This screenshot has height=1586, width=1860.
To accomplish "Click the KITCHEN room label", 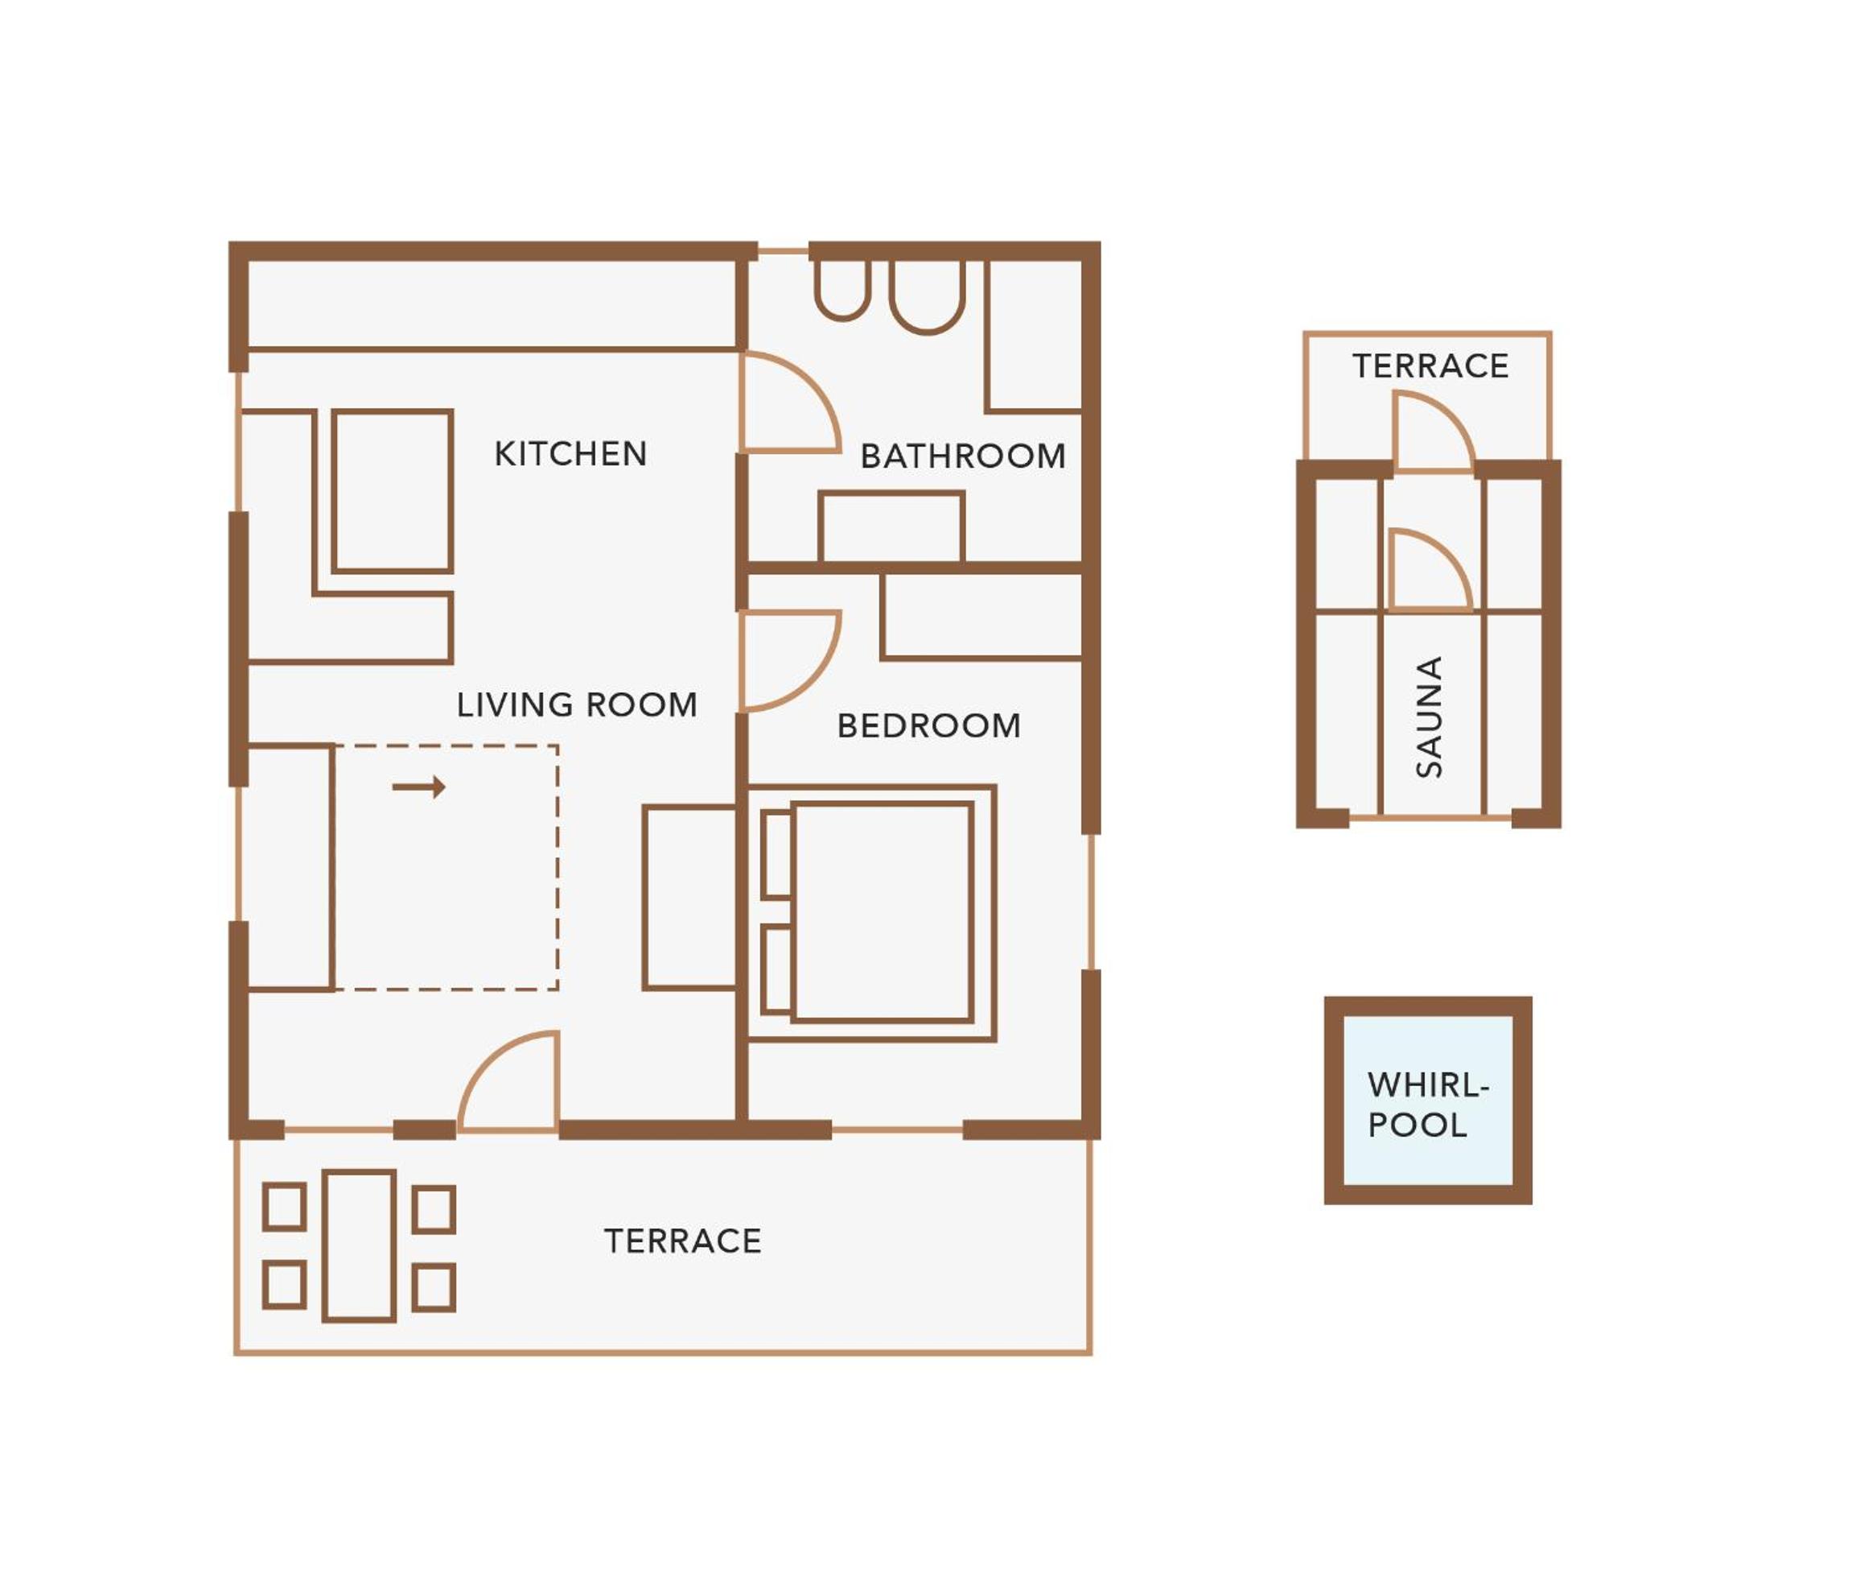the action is pyautogui.click(x=570, y=454).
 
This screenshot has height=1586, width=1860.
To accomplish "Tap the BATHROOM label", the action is pyautogui.click(x=963, y=456).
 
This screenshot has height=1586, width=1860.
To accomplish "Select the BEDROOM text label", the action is pyautogui.click(x=929, y=725).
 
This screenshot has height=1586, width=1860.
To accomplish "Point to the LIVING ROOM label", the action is pyautogui.click(x=577, y=705).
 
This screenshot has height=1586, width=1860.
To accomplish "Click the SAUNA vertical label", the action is pyautogui.click(x=1429, y=717).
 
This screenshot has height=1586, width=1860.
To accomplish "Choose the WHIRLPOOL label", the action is pyautogui.click(x=1427, y=1105).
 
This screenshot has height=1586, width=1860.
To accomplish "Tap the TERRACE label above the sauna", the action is pyautogui.click(x=1430, y=366).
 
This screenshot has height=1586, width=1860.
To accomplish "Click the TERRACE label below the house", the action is pyautogui.click(x=683, y=1242).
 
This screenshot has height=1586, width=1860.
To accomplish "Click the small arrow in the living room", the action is pyautogui.click(x=419, y=787).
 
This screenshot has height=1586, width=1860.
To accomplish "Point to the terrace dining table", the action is pyautogui.click(x=359, y=1245).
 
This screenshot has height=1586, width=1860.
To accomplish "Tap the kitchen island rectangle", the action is pyautogui.click(x=393, y=490).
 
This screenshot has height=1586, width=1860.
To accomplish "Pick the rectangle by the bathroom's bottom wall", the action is pyautogui.click(x=891, y=527).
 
